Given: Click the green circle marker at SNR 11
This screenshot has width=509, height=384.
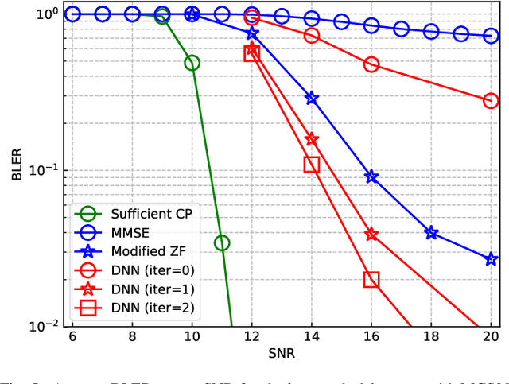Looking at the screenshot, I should [222, 242].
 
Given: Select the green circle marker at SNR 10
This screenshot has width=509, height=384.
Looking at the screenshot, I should [192, 63].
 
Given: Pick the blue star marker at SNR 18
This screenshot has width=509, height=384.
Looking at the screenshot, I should [431, 233].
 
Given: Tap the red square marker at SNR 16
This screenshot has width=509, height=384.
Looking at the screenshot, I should [371, 279].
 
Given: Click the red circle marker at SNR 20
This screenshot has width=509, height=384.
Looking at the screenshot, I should [491, 101].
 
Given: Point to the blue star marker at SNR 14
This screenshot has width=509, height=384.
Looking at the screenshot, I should [312, 98].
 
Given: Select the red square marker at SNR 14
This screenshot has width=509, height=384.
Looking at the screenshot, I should [312, 165].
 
